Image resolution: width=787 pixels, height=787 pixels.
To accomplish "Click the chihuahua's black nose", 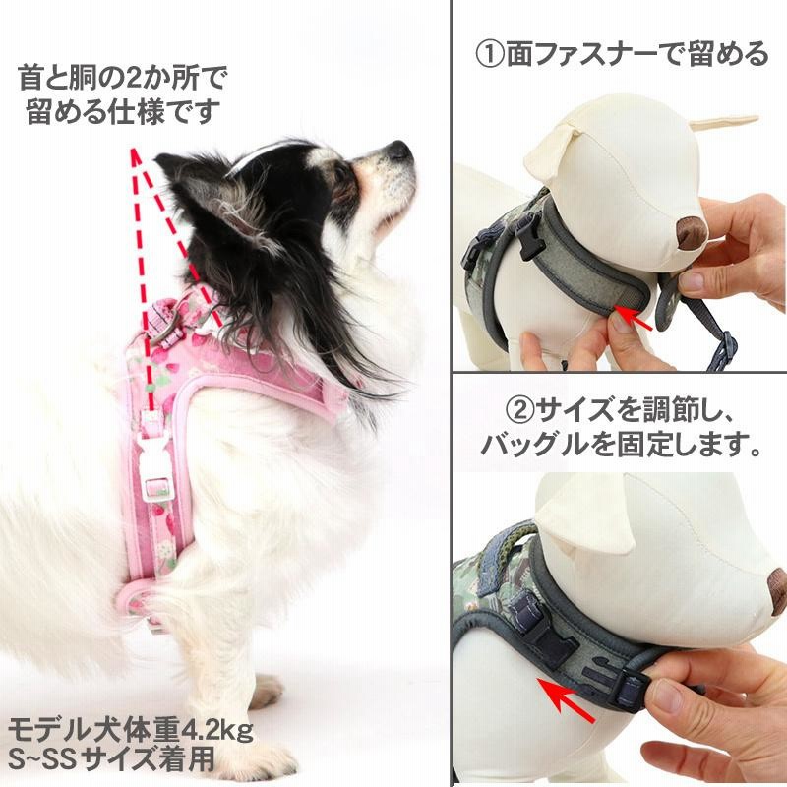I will coord(399,151).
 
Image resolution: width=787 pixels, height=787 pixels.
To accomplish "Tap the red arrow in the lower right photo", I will coord(575,693).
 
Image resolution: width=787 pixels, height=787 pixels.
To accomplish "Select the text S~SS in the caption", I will coord(43,759).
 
